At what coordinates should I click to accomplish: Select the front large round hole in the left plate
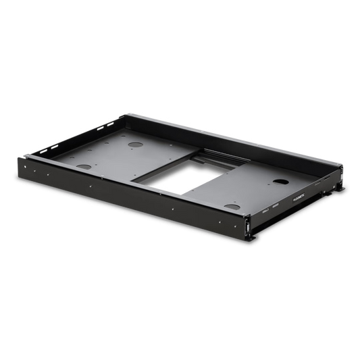coord(85,166)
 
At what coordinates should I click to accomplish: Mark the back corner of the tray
coord(124,113)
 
